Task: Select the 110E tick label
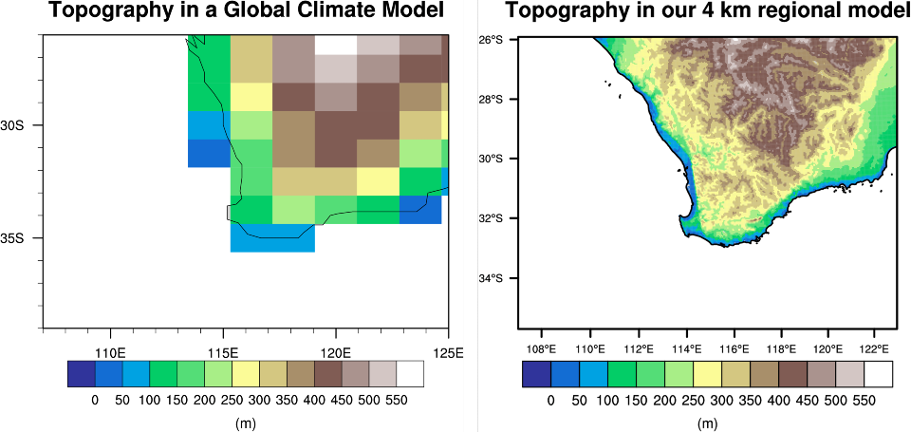click(x=111, y=353)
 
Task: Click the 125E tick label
click(x=447, y=353)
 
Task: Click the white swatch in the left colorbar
click(x=410, y=375)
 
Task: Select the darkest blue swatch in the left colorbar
click(x=81, y=375)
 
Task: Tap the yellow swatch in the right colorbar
click(x=707, y=375)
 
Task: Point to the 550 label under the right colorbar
click(x=865, y=400)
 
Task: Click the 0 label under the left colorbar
click(x=95, y=400)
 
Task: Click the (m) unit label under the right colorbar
click(x=707, y=424)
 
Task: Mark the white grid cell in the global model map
click(x=336, y=46)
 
